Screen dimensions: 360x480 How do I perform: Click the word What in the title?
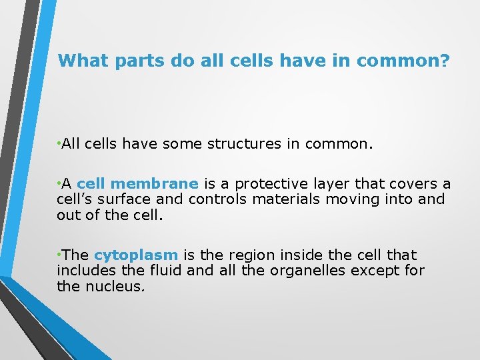(83, 61)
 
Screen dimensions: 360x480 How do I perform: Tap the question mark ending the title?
(445, 61)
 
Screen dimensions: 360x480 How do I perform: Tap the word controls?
(217, 199)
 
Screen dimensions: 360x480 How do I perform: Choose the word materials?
(280, 199)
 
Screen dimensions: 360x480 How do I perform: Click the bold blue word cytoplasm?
(136, 255)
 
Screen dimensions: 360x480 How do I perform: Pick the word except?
(374, 271)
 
